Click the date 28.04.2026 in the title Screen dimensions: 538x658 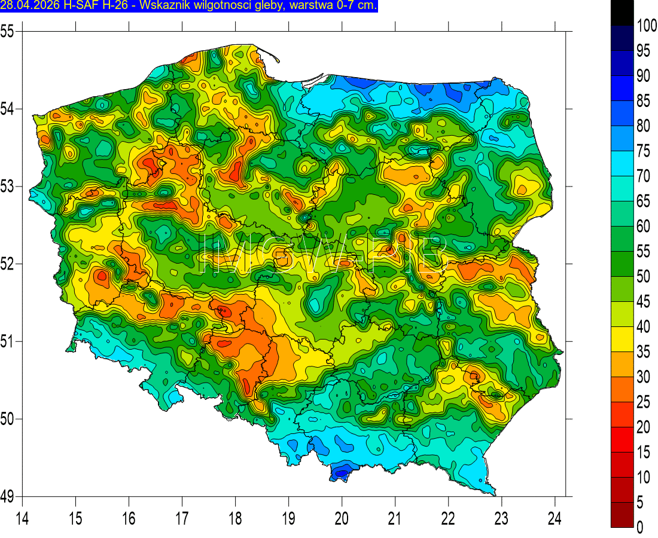pyautogui.click(x=24, y=6)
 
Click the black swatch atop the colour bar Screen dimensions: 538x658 pyautogui.click(x=622, y=13)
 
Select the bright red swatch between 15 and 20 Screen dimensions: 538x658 pyautogui.click(x=622, y=439)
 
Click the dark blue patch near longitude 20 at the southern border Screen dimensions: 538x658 pyautogui.click(x=341, y=472)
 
